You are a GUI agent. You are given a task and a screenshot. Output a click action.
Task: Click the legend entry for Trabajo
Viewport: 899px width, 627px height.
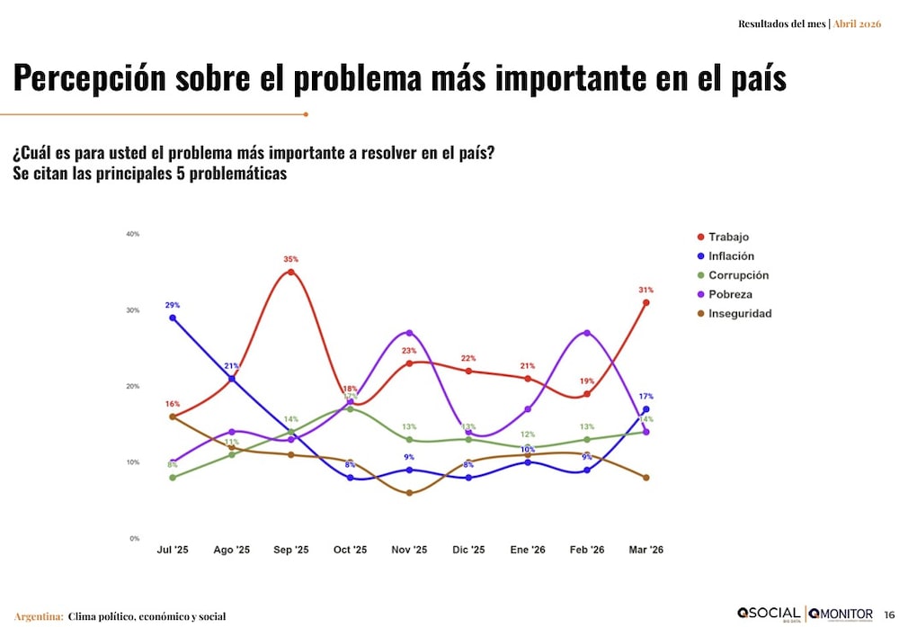click(x=728, y=237)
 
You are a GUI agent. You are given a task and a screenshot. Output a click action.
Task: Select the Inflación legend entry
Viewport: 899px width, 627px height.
click(x=730, y=256)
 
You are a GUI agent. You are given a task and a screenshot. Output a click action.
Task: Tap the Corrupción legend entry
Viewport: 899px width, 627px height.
click(x=737, y=275)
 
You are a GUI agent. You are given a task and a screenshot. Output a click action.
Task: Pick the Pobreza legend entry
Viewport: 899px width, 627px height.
click(x=730, y=294)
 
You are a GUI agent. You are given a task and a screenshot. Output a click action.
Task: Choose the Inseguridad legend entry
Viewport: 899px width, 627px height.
click(x=739, y=314)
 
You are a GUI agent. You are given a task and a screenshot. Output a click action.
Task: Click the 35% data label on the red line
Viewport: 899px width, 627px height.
click(x=290, y=259)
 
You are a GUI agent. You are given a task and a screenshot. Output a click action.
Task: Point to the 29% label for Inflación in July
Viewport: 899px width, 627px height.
click(x=172, y=306)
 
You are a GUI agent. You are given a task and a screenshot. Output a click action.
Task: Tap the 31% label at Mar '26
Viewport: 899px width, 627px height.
click(x=645, y=291)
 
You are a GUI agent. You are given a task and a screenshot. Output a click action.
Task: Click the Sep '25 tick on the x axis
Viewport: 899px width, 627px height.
click(x=290, y=550)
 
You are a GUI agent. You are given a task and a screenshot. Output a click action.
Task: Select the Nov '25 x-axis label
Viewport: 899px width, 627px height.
click(x=409, y=550)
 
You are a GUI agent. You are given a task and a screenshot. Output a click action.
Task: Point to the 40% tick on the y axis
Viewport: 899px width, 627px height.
click(x=132, y=234)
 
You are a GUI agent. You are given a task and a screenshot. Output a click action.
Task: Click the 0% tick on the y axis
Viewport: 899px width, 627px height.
click(x=134, y=539)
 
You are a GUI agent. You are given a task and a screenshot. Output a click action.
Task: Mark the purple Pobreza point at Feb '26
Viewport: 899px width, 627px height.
click(x=587, y=333)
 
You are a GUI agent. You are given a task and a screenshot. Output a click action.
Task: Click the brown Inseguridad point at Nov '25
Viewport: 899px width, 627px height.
click(x=409, y=493)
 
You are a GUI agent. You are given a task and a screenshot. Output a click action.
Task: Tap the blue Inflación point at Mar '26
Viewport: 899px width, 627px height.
click(x=646, y=409)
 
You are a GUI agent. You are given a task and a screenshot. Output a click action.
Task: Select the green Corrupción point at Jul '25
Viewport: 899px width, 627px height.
click(x=173, y=478)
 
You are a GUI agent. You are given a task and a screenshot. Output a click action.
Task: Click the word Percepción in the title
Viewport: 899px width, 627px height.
click(x=90, y=78)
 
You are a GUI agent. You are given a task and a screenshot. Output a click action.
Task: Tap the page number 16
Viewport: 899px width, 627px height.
click(x=889, y=614)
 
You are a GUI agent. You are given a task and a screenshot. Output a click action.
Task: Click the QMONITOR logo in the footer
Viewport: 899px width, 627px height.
click(x=841, y=614)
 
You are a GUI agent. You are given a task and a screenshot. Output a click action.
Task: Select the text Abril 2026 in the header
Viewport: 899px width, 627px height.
click(x=857, y=23)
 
